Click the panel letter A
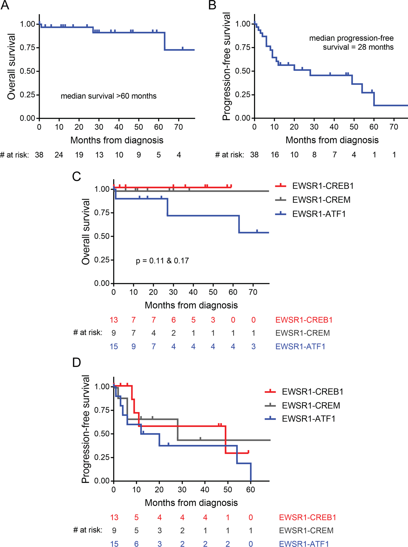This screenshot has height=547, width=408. point(5,5)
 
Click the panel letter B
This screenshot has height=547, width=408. point(212,5)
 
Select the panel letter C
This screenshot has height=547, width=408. point(76,176)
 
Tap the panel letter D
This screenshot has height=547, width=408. point(76,362)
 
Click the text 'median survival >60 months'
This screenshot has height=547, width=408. point(108,96)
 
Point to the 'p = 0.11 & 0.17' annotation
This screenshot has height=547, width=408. point(162,261)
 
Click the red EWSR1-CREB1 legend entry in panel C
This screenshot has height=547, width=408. point(314,186)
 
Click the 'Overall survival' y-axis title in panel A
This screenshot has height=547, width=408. point(11,67)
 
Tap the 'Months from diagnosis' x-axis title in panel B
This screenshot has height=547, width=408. point(332,140)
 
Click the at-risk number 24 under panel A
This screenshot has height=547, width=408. point(59,155)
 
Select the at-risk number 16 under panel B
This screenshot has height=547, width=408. point(275,155)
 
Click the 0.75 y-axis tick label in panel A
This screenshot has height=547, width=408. point(27,48)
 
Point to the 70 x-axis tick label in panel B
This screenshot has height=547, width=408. point(394,127)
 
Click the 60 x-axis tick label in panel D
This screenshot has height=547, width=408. point(250,490)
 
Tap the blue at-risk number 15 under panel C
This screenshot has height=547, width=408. point(114,346)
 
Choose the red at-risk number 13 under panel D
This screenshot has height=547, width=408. point(114,518)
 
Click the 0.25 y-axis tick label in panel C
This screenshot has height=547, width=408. point(102,260)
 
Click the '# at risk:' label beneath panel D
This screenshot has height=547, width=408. point(88,530)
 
